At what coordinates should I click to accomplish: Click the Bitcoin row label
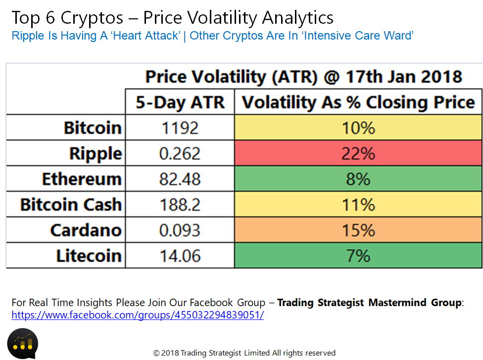(x=93, y=128)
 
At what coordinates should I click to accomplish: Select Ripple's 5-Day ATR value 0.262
(x=180, y=153)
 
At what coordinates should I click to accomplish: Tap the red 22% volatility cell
(x=358, y=153)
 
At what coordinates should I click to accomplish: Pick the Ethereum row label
(x=82, y=179)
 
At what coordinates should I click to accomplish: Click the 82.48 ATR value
(x=180, y=179)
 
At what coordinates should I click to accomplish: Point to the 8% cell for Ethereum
(x=358, y=179)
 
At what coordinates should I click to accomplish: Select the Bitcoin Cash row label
(x=71, y=205)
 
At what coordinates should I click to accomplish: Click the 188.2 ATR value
(x=180, y=205)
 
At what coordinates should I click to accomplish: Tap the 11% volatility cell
(x=358, y=204)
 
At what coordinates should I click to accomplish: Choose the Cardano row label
(x=86, y=230)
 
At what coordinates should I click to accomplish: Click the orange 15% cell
(x=358, y=230)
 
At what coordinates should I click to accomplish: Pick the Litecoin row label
(x=89, y=256)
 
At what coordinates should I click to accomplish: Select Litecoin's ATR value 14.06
(x=180, y=256)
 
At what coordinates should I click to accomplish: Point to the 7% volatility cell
(x=358, y=255)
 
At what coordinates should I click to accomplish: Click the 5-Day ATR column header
(x=180, y=102)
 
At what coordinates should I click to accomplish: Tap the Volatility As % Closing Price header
(x=358, y=102)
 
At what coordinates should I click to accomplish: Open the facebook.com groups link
(x=138, y=315)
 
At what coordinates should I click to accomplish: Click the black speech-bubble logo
(x=22, y=344)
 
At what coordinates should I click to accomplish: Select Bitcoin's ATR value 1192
(x=180, y=128)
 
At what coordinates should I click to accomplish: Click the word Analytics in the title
(x=297, y=18)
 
